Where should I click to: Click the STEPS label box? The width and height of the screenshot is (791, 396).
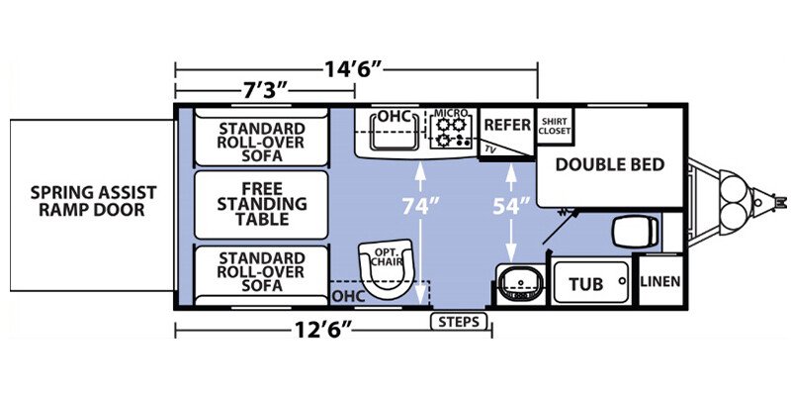point(459,321)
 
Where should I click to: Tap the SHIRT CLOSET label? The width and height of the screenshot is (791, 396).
point(555,126)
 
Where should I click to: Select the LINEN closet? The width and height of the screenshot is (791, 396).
point(660,281)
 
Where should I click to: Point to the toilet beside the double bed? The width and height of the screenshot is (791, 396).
point(635,232)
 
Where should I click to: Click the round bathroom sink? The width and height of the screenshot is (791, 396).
point(520,283)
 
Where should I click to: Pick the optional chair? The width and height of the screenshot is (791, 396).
point(387,268)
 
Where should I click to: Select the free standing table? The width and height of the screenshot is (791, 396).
point(261,205)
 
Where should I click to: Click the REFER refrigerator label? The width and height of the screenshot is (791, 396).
point(507,125)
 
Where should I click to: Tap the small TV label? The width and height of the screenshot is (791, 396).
point(489,149)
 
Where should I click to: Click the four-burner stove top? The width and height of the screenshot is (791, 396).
point(451,132)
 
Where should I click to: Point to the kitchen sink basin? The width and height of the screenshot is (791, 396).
point(395,132)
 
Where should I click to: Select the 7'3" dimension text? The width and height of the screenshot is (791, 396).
point(263,91)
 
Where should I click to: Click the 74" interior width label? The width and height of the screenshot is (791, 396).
point(421,206)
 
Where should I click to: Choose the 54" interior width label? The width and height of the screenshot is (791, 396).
point(511,206)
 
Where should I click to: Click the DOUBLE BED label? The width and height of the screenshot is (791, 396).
point(610,164)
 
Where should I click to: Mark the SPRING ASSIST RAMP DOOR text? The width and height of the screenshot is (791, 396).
point(93,201)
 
